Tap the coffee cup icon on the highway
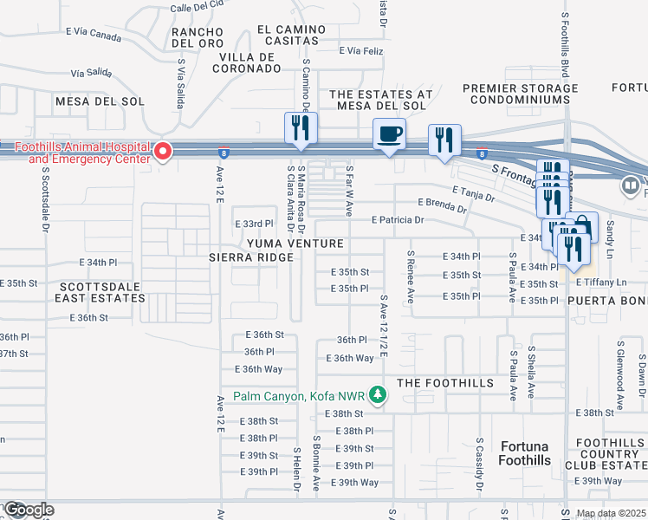click(389, 135)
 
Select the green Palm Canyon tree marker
click(377, 396)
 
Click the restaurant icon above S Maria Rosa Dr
click(301, 128)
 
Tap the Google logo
click(28, 510)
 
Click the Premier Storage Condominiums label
click(520, 94)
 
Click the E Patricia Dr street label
click(398, 220)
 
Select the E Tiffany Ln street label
click(601, 283)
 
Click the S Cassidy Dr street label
click(479, 466)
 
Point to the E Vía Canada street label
click(94, 36)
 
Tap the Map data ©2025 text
click(612, 514)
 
